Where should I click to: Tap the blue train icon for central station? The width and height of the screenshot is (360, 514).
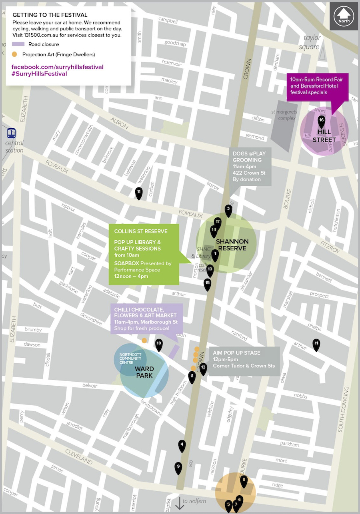(x=12, y=133)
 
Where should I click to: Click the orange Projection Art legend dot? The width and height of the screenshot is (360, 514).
(x=15, y=54)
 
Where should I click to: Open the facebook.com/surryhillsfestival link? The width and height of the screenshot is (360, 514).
(x=58, y=67)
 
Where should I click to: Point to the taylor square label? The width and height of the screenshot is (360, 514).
(x=312, y=42)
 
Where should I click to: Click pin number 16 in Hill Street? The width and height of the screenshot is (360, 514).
(x=321, y=121)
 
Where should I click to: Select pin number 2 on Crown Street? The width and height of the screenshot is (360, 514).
(x=228, y=209)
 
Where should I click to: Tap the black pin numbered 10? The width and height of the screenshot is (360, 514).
(x=159, y=344)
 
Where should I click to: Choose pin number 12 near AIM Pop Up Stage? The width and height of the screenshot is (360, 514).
(x=203, y=368)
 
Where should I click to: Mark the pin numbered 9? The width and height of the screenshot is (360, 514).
(x=178, y=467)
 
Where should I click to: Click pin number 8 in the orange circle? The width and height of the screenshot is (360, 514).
(x=244, y=481)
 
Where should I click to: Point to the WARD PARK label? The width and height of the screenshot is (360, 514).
(x=144, y=373)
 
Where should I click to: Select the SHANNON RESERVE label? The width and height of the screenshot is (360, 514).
(x=232, y=245)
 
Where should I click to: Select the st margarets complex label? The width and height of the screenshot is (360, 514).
(x=283, y=115)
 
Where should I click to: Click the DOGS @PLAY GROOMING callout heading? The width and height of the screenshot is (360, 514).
(x=249, y=157)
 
